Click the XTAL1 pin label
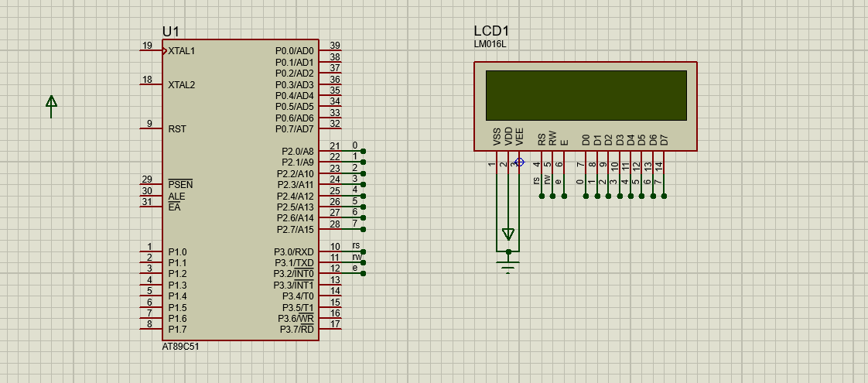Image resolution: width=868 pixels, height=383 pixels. click(x=182, y=51)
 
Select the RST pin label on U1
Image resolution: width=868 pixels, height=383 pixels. click(x=177, y=129)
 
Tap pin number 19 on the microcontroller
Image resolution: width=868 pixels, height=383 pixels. click(x=147, y=46)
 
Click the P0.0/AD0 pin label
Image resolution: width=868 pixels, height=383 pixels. click(x=295, y=51)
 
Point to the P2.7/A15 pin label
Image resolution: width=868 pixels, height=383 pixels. click(x=295, y=229)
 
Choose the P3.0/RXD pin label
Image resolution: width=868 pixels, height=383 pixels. click(x=293, y=251)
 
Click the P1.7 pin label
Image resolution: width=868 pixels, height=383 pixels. click(x=177, y=330)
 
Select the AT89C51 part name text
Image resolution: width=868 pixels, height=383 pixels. click(x=180, y=347)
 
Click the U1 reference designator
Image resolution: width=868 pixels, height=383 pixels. click(x=170, y=32)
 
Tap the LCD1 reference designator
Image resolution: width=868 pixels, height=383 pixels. click(x=491, y=31)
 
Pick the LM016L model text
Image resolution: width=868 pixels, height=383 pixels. click(x=490, y=44)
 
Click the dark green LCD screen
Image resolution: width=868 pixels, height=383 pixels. click(x=586, y=95)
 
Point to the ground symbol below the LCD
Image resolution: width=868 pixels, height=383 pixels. click(x=508, y=265)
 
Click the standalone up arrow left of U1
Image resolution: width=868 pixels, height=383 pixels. click(x=51, y=106)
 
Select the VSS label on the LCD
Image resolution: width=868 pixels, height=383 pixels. click(x=497, y=137)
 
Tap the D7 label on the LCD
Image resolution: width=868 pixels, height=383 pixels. click(x=664, y=139)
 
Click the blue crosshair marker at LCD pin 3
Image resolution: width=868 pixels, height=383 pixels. click(x=519, y=162)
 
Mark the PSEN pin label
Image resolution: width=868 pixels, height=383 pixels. click(x=180, y=184)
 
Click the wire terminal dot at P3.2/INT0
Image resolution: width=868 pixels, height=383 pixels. click(x=363, y=273)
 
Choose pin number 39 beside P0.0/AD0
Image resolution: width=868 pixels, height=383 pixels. click(x=335, y=46)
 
